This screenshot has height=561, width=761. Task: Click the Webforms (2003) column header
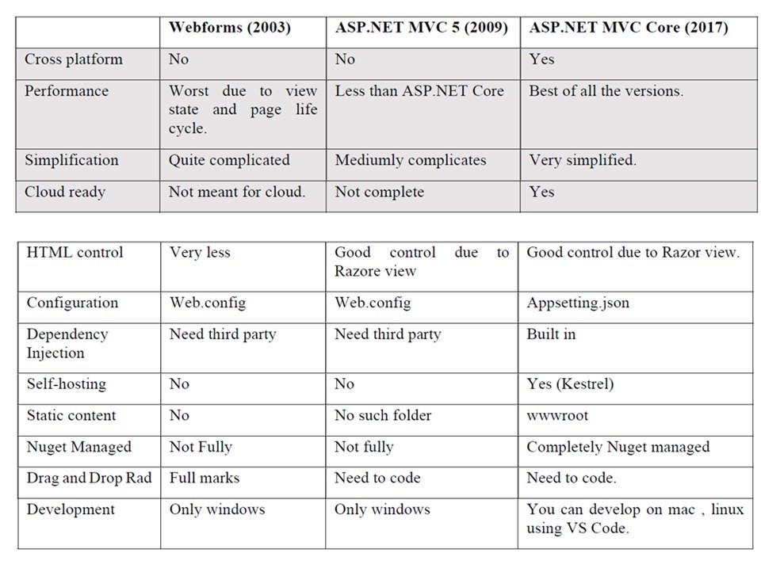(229, 28)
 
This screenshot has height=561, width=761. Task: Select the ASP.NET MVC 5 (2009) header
(421, 28)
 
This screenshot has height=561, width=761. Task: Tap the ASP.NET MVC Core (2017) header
(628, 28)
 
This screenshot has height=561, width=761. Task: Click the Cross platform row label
(73, 59)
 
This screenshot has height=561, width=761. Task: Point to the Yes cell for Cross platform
(541, 59)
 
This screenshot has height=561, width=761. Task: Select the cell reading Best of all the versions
(606, 91)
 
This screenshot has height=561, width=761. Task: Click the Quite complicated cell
(229, 160)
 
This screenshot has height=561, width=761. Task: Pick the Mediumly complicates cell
(410, 160)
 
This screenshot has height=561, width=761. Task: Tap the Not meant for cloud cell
(236, 192)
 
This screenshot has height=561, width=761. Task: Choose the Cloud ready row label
(64, 192)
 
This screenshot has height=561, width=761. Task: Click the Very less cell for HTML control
(200, 253)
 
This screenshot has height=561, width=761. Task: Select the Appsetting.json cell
(578, 303)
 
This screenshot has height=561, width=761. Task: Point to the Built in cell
(551, 334)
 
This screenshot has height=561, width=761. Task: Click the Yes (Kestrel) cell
(570, 384)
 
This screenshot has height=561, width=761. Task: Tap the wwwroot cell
(557, 416)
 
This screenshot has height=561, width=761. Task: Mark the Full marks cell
(204, 479)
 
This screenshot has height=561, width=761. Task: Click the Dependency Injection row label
(67, 344)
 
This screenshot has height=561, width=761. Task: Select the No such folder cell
(383, 416)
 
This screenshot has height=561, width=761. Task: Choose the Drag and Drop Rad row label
(89, 479)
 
